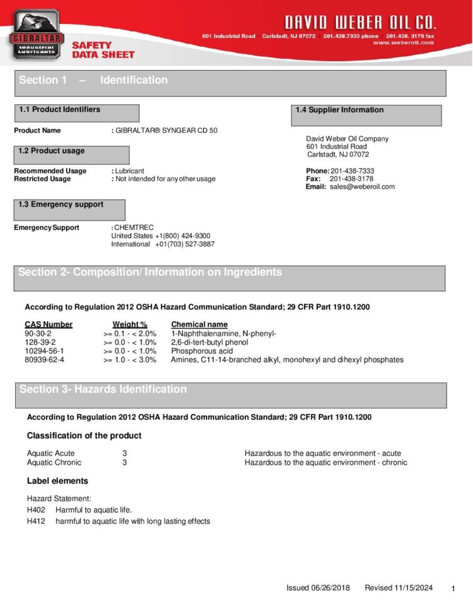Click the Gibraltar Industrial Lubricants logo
click(x=37, y=34)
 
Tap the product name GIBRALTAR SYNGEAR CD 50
click(x=166, y=131)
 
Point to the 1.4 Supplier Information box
click(x=365, y=114)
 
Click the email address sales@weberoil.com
click(x=362, y=187)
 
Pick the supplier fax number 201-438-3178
click(x=352, y=179)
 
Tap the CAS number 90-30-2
click(x=38, y=333)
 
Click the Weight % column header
click(x=129, y=324)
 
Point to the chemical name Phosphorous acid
click(x=202, y=351)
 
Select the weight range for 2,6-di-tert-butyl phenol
click(x=130, y=342)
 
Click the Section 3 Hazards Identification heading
click(x=103, y=390)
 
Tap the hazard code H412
click(x=36, y=521)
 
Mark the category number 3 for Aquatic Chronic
click(x=125, y=462)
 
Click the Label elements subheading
click(x=57, y=481)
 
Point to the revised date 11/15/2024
click(x=414, y=588)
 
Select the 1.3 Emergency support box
click(x=69, y=209)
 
